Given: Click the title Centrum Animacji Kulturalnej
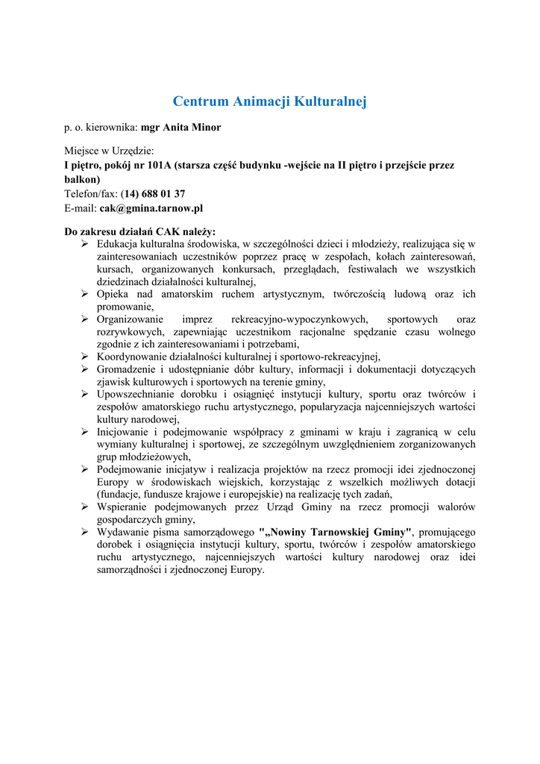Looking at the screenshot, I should click(270, 101).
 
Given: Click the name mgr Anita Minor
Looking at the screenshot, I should click(180, 128).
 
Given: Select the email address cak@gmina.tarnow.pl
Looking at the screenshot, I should click(151, 209).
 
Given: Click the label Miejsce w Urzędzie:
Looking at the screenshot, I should click(109, 151).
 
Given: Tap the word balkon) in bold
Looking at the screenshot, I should click(82, 180).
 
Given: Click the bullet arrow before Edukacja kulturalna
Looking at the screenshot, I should click(85, 244).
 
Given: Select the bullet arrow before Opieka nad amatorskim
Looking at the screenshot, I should click(85, 294).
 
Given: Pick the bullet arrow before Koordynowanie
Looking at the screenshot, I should click(85, 357).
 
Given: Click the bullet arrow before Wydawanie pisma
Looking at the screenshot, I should click(85, 532).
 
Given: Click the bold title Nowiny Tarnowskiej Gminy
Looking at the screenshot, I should click(336, 532).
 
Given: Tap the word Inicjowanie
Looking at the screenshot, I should click(124, 432).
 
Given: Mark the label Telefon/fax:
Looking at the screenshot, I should click(91, 194).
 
